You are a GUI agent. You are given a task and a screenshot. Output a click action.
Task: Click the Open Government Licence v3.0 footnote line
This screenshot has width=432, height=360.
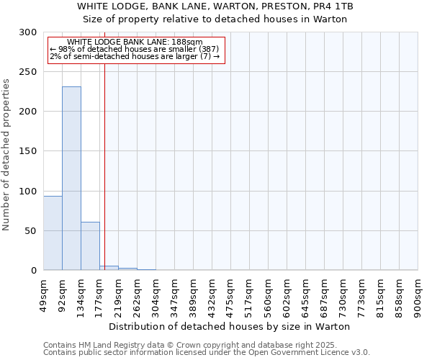click(207, 352)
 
